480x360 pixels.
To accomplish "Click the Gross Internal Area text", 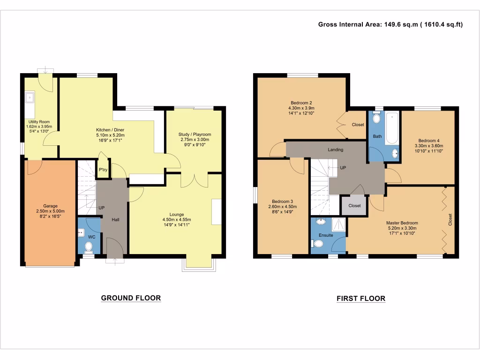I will (x=390, y=24).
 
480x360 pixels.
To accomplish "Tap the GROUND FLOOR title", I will (x=131, y=298).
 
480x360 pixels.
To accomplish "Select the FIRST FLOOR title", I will (x=360, y=299).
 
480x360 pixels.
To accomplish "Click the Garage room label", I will (x=50, y=206).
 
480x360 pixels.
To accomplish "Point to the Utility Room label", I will (x=38, y=122).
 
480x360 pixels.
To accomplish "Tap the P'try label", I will (x=102, y=170).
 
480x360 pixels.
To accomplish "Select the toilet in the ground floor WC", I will (x=89, y=246).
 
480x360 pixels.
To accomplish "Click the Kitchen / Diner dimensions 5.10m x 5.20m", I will (x=110, y=135).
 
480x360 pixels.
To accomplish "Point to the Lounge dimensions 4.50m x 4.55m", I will (x=176, y=219).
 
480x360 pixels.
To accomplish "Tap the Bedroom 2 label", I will (x=301, y=103).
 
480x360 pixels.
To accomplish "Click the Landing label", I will (x=336, y=150).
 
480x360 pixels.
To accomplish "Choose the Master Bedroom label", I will (x=402, y=223).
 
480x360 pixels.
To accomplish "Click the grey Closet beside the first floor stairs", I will (x=354, y=205).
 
